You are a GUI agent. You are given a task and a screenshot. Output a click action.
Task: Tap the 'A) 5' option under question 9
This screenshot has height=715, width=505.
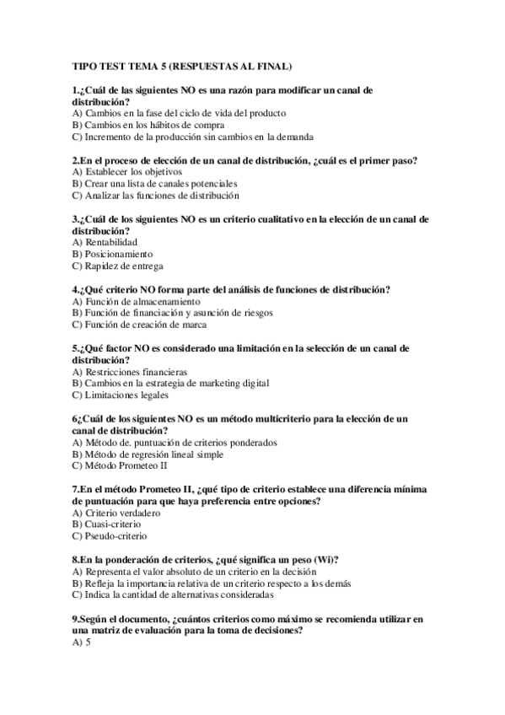pos(81,642)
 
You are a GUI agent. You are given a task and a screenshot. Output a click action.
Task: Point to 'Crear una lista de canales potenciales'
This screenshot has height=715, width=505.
pos(161,183)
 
